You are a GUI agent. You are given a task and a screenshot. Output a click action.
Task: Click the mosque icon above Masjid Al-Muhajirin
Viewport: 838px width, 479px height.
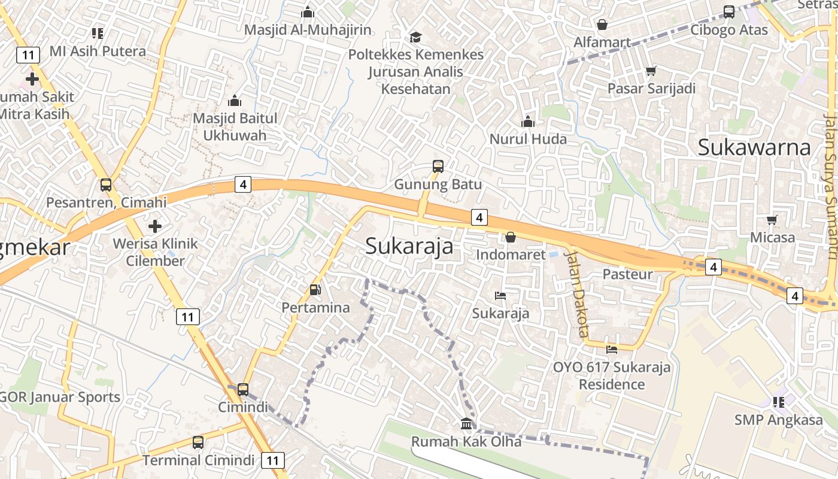click(x=308, y=12)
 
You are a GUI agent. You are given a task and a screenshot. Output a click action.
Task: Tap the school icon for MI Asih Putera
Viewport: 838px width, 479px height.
click(x=98, y=33)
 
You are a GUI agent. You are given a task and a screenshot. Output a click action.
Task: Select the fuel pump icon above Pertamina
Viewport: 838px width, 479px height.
click(x=315, y=290)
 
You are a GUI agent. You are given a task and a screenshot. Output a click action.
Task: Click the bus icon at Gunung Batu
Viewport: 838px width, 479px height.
click(x=438, y=166)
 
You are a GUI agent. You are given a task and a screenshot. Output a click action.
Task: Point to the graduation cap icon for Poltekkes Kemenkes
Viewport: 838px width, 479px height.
click(x=415, y=37)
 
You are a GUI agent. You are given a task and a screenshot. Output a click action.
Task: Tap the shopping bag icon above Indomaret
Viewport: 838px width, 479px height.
click(x=511, y=237)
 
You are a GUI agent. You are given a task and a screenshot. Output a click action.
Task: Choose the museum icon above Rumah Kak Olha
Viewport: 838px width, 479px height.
click(x=466, y=424)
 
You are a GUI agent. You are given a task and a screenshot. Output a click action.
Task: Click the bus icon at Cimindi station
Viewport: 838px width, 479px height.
click(x=243, y=390)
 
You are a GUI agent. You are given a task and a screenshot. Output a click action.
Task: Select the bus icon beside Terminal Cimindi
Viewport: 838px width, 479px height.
click(x=198, y=442)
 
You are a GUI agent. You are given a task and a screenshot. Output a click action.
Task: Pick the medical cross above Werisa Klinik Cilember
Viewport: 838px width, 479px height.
click(x=155, y=226)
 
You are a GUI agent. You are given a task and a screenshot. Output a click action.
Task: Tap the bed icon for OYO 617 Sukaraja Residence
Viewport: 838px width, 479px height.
click(x=612, y=349)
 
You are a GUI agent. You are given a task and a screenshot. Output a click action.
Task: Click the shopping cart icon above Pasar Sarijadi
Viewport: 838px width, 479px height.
click(x=651, y=71)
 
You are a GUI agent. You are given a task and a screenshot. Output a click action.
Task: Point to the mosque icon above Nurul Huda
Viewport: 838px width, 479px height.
click(x=528, y=122)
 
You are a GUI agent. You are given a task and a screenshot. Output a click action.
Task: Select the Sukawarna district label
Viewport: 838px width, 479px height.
click(x=754, y=147)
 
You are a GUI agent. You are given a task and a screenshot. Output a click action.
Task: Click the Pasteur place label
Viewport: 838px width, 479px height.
click(x=627, y=274)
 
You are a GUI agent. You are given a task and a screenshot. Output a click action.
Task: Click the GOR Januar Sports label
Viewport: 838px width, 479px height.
click(x=60, y=397)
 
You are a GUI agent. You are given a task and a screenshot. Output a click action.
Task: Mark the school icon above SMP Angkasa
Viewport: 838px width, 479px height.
click(x=779, y=402)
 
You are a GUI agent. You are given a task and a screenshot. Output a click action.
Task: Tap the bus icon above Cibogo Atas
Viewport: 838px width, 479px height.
click(x=729, y=12)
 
